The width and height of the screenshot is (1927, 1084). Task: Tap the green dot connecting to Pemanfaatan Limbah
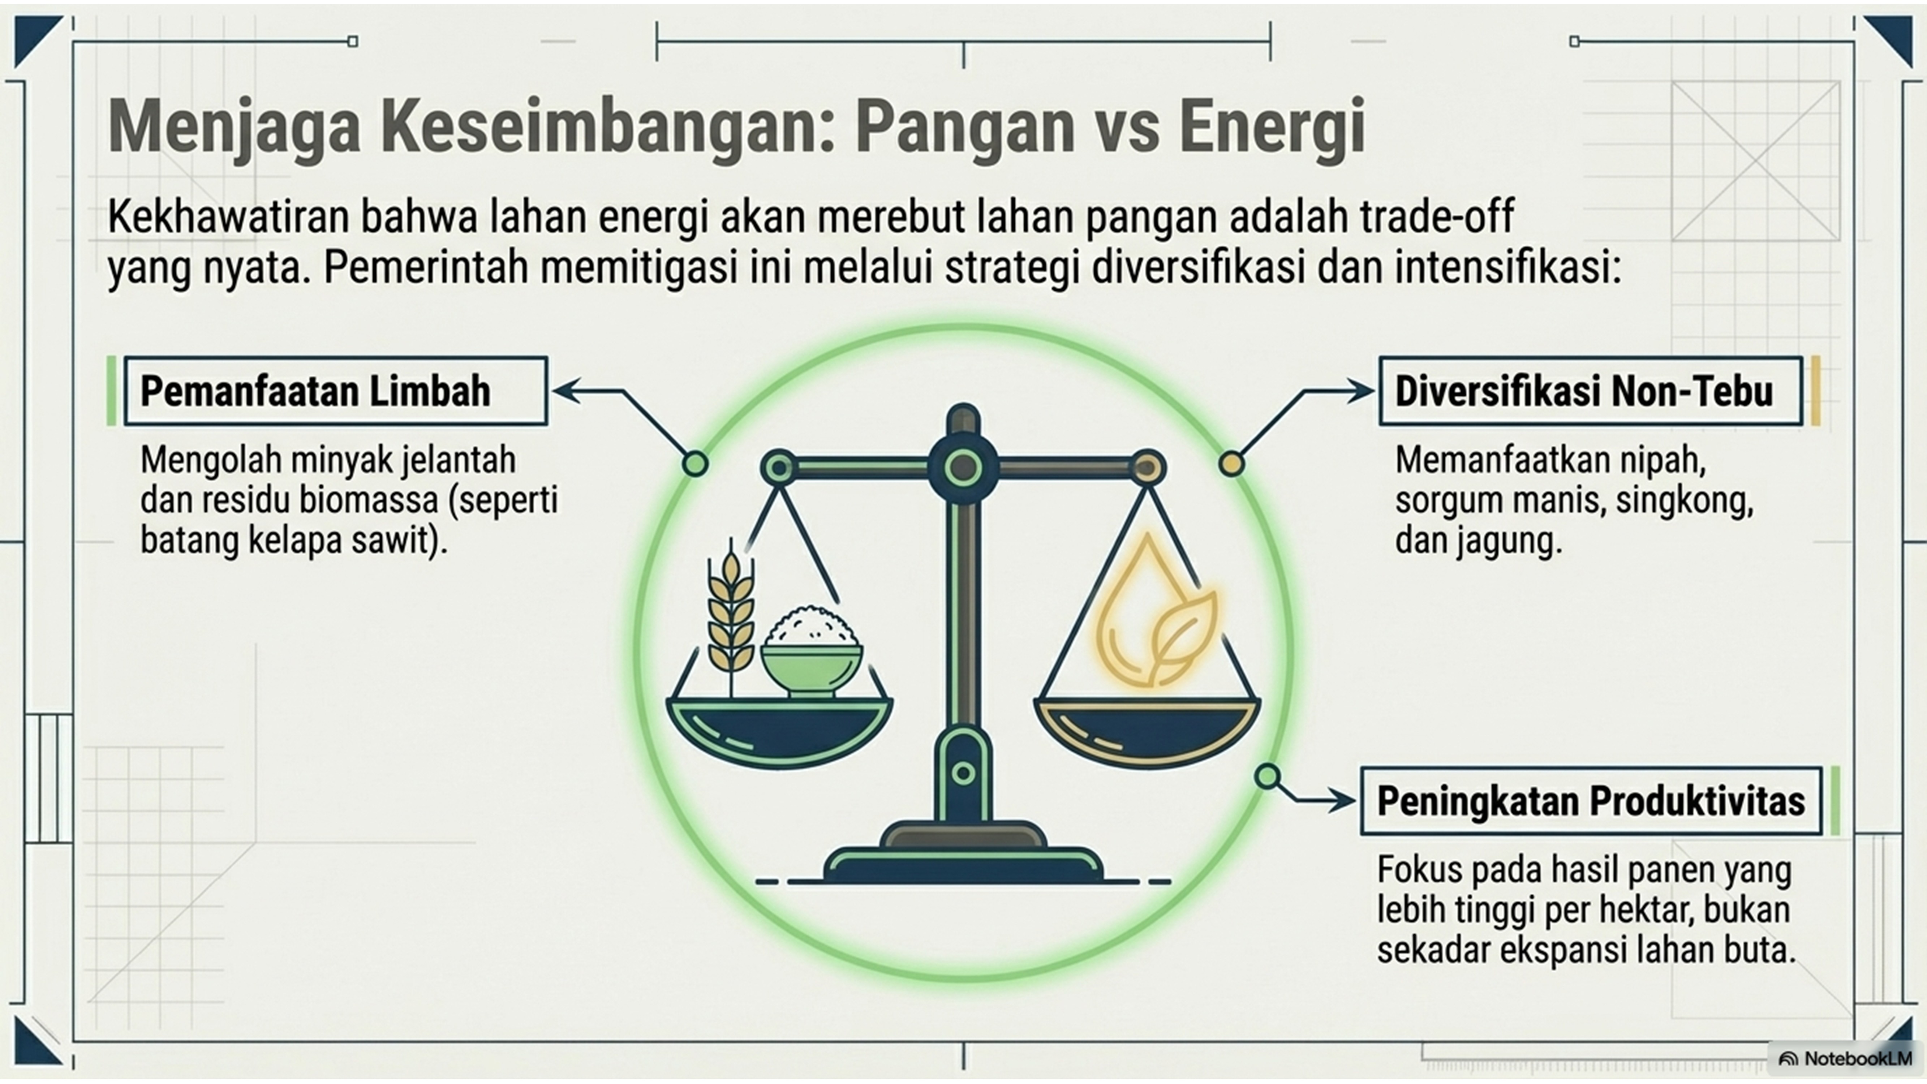[695, 464]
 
